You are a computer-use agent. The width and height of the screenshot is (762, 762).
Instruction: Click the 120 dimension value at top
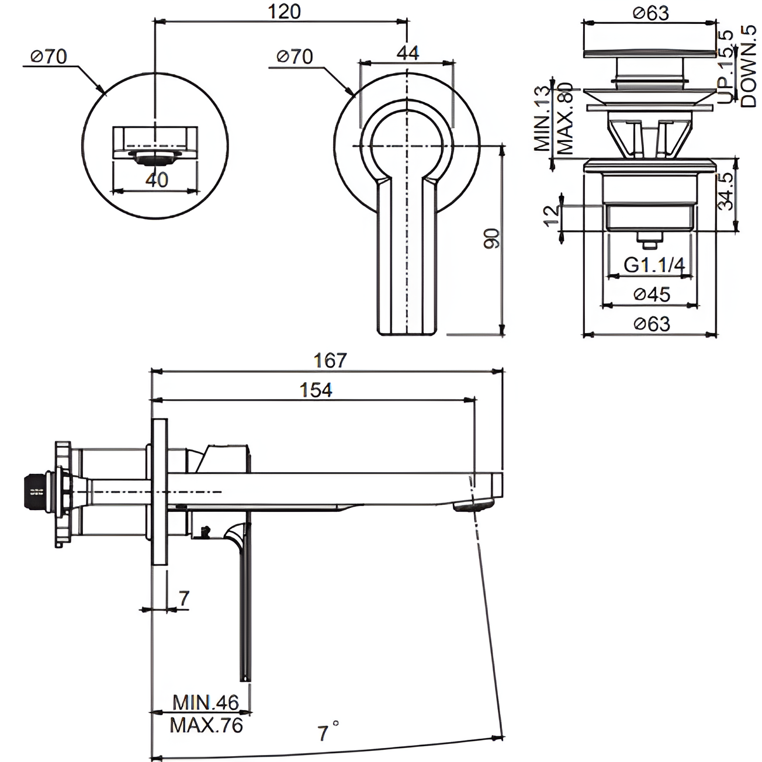285,11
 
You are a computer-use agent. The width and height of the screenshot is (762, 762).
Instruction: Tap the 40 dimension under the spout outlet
157,179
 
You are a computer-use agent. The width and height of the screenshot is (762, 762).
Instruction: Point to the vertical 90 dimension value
493,239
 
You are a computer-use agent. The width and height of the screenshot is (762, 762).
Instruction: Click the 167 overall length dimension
331,360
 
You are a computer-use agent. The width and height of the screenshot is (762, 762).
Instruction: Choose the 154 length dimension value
316,390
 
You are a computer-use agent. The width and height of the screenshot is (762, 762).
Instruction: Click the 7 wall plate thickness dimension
183,598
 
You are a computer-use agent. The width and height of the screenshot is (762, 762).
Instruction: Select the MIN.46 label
206,702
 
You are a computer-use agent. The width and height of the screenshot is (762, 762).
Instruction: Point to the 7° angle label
327,732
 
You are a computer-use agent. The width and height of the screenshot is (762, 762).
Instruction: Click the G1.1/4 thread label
654,265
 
